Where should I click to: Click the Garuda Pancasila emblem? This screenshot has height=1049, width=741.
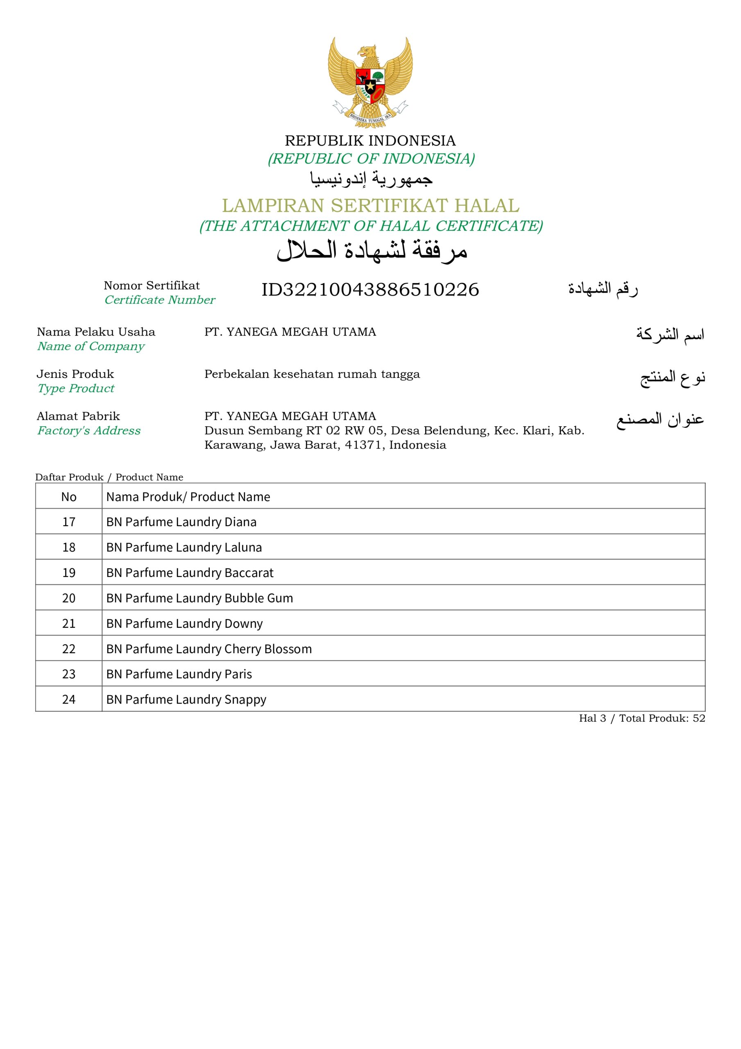(x=370, y=82)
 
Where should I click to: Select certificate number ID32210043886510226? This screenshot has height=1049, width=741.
(x=370, y=290)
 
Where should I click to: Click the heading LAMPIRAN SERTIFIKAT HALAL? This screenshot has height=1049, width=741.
(x=370, y=206)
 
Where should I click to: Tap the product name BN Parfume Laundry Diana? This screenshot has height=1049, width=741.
(x=181, y=522)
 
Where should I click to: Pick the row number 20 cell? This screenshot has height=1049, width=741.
(x=68, y=598)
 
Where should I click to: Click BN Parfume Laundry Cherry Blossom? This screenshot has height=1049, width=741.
(x=209, y=649)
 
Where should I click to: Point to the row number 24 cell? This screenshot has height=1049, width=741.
(x=68, y=699)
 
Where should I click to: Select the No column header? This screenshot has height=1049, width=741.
(x=68, y=497)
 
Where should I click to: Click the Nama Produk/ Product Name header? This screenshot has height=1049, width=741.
(x=188, y=497)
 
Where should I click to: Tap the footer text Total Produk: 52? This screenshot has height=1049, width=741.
(x=662, y=718)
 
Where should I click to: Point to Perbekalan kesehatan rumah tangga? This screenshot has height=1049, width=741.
(x=312, y=374)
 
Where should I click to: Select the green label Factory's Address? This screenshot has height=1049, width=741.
(x=88, y=430)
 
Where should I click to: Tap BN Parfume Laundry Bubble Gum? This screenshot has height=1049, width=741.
(x=199, y=598)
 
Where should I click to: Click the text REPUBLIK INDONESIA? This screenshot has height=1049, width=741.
(x=370, y=140)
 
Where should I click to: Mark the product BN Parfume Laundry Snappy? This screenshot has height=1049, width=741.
(x=186, y=699)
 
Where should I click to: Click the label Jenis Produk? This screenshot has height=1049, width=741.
(x=75, y=374)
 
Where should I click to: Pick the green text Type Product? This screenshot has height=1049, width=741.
(x=76, y=388)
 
